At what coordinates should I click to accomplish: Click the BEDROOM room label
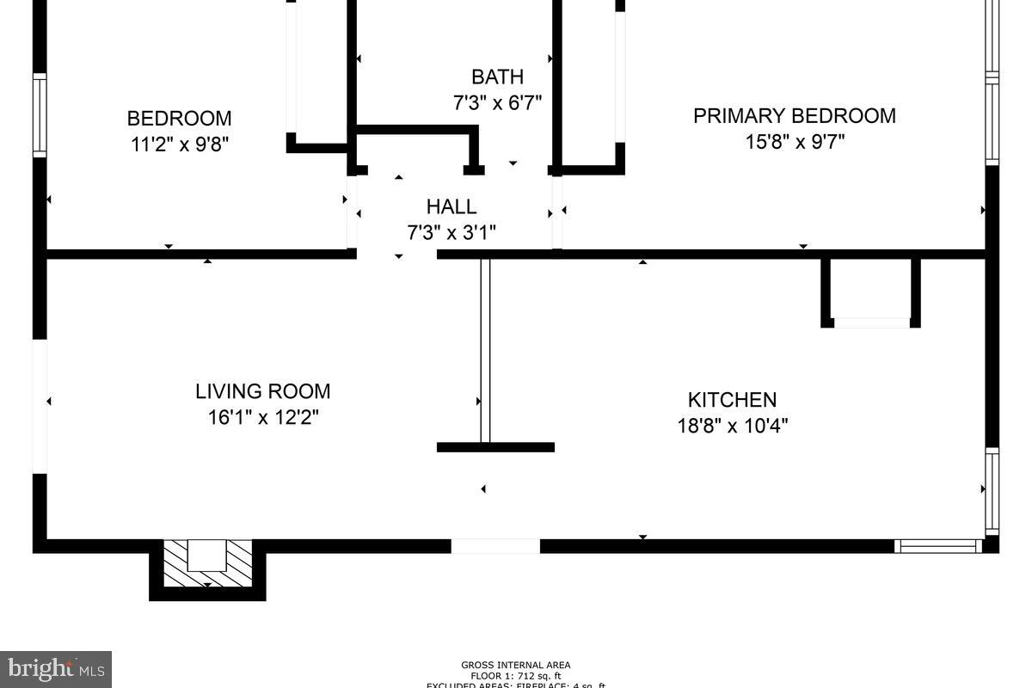pyautogui.click(x=179, y=118)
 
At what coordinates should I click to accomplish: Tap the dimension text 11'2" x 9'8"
pyautogui.click(x=179, y=144)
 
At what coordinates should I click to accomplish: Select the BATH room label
pyautogui.click(x=497, y=77)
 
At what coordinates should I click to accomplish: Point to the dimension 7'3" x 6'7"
pyautogui.click(x=497, y=103)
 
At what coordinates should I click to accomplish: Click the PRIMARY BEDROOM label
pyautogui.click(x=794, y=115)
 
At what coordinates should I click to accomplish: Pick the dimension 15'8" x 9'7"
pyautogui.click(x=794, y=141)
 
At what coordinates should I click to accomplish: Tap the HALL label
pyautogui.click(x=451, y=206)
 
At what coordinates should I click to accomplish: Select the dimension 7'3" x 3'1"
pyautogui.click(x=451, y=232)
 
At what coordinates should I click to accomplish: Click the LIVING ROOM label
pyautogui.click(x=262, y=391)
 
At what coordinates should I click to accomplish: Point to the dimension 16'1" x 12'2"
pyautogui.click(x=262, y=417)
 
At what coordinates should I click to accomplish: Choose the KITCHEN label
pyautogui.click(x=732, y=400)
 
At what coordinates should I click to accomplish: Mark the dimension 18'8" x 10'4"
pyautogui.click(x=732, y=426)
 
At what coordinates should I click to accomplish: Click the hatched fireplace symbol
pyautogui.click(x=207, y=562)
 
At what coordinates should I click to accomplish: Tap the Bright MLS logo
pyautogui.click(x=55, y=668)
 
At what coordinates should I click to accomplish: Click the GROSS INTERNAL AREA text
pyautogui.click(x=515, y=665)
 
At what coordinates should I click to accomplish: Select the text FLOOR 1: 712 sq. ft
pyautogui.click(x=515, y=675)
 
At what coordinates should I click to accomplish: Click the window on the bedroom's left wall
pyautogui.click(x=40, y=115)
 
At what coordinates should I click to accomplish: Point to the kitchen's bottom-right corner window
pyautogui.click(x=937, y=546)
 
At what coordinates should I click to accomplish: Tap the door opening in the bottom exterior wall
pyautogui.click(x=495, y=546)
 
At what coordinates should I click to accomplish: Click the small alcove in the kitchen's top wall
pyautogui.click(x=871, y=292)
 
